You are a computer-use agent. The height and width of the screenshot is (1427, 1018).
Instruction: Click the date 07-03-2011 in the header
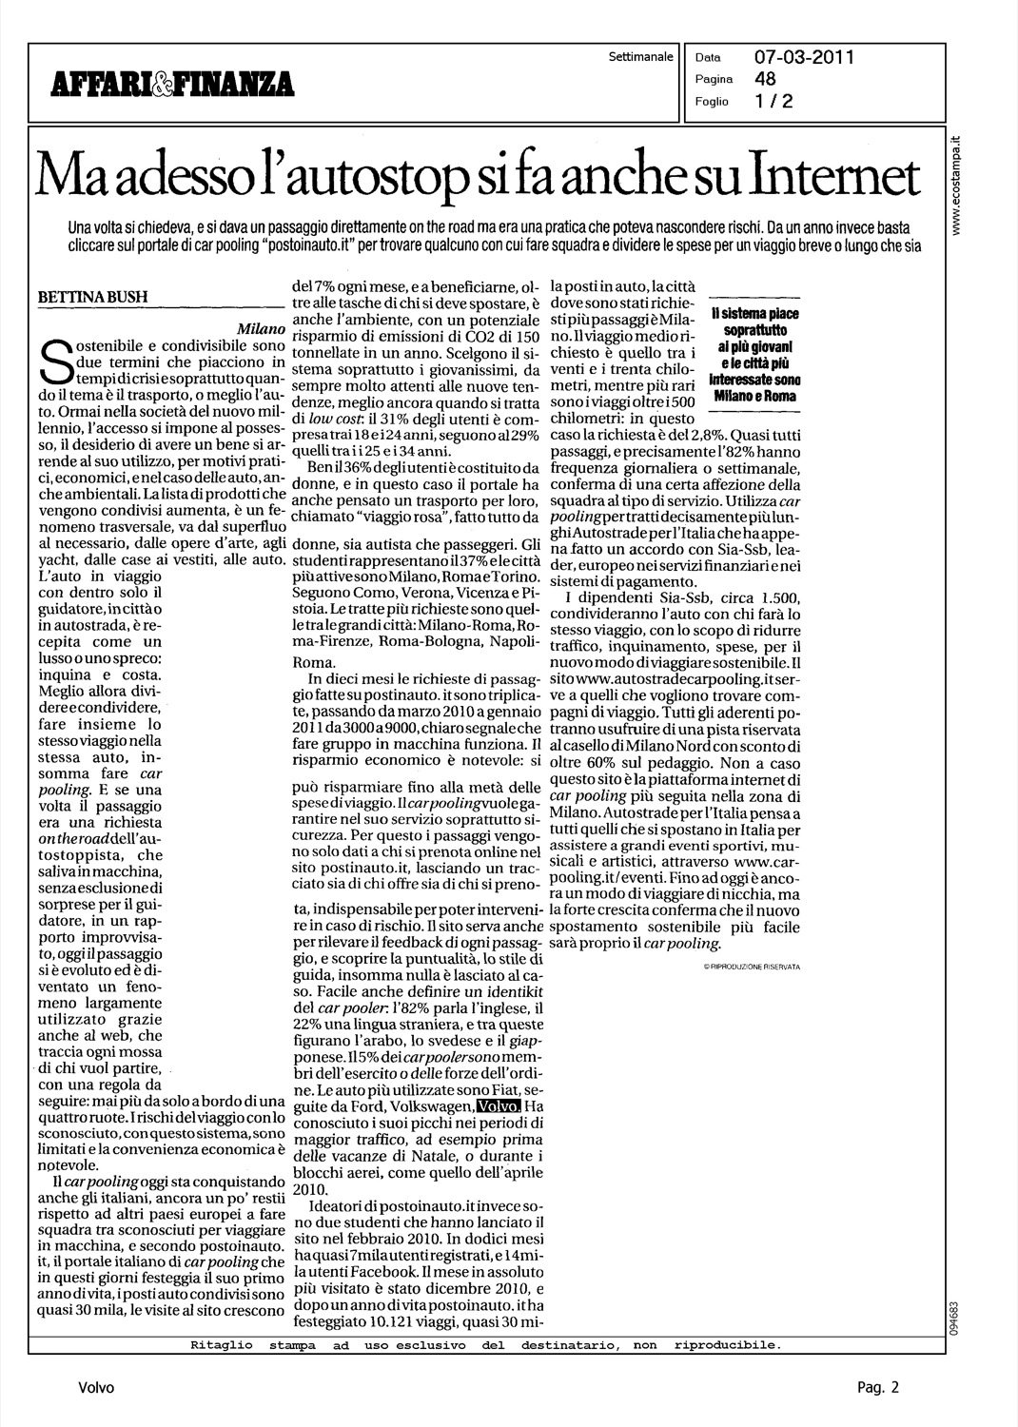(x=804, y=58)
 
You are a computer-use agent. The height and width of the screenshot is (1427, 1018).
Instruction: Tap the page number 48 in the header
(x=766, y=79)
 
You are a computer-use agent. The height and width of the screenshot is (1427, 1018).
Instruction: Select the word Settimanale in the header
(x=640, y=57)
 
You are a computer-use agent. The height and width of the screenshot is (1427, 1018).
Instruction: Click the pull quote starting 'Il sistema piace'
(x=754, y=360)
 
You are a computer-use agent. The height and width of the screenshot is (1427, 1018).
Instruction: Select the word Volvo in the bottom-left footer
(x=97, y=1388)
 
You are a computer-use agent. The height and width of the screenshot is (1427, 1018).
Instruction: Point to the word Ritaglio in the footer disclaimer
(x=218, y=1345)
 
